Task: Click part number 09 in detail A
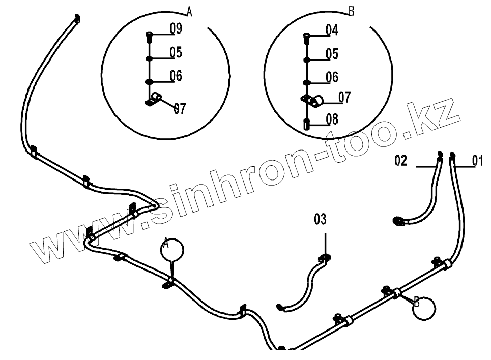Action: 176,29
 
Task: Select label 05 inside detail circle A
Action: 176,53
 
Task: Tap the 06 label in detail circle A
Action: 176,76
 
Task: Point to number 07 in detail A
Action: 180,108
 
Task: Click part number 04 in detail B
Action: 332,30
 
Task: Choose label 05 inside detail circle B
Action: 332,54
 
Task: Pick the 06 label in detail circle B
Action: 332,77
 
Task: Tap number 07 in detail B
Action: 344,97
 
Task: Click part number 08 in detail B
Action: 332,119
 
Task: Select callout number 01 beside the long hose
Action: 477,161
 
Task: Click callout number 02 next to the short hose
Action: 401,161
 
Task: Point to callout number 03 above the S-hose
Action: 320,220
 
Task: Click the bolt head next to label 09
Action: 149,36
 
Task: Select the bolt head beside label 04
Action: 306,36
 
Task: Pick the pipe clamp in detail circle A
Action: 154,99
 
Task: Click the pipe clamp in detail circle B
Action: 311,100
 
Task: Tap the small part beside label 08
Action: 306,124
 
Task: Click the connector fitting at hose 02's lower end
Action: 399,220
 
